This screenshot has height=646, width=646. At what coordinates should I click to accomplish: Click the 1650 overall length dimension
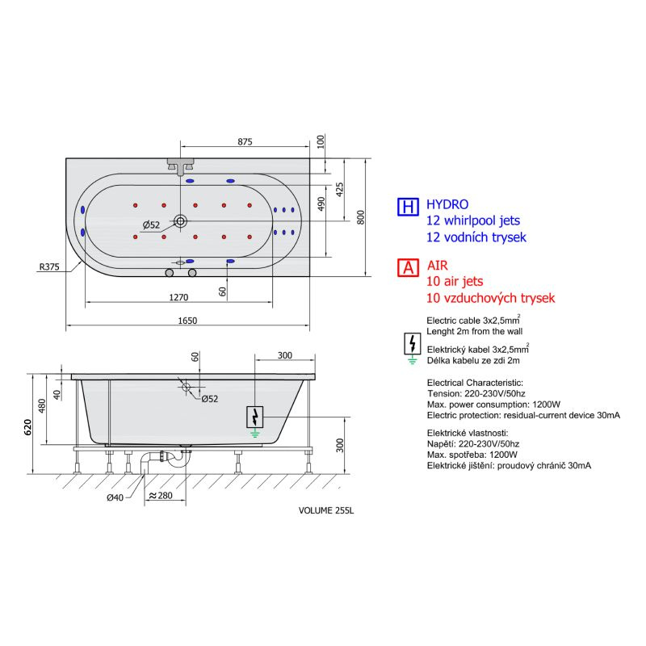click(187, 321)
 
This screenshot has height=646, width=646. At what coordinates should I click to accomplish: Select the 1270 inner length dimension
click(178, 297)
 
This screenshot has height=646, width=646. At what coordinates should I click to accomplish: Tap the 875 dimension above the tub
click(245, 141)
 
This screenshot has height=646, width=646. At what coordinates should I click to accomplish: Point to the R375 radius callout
click(49, 266)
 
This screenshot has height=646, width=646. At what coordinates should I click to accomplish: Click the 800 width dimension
click(360, 217)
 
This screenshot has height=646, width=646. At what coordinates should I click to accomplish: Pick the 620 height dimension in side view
click(27, 427)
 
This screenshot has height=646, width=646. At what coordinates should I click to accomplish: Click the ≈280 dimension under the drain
click(161, 495)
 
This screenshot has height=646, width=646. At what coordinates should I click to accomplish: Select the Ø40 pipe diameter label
click(115, 497)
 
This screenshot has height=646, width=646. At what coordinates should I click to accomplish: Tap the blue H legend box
click(408, 207)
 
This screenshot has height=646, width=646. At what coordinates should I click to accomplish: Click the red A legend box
click(408, 268)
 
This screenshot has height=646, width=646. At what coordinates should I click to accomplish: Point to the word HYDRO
click(447, 204)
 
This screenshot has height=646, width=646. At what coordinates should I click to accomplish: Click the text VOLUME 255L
click(326, 510)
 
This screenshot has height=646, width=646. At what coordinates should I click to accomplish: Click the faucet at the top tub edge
click(180, 166)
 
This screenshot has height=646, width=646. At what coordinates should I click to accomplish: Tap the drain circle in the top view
click(180, 221)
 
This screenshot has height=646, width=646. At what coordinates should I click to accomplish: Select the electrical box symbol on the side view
click(254, 417)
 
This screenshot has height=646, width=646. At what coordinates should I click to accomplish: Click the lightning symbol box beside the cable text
click(413, 344)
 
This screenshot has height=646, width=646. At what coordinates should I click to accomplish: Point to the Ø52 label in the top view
click(151, 225)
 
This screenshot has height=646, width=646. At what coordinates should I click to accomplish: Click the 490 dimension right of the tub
click(321, 203)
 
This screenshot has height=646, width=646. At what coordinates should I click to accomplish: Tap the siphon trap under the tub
click(165, 457)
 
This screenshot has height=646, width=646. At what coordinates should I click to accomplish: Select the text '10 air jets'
click(455, 281)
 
